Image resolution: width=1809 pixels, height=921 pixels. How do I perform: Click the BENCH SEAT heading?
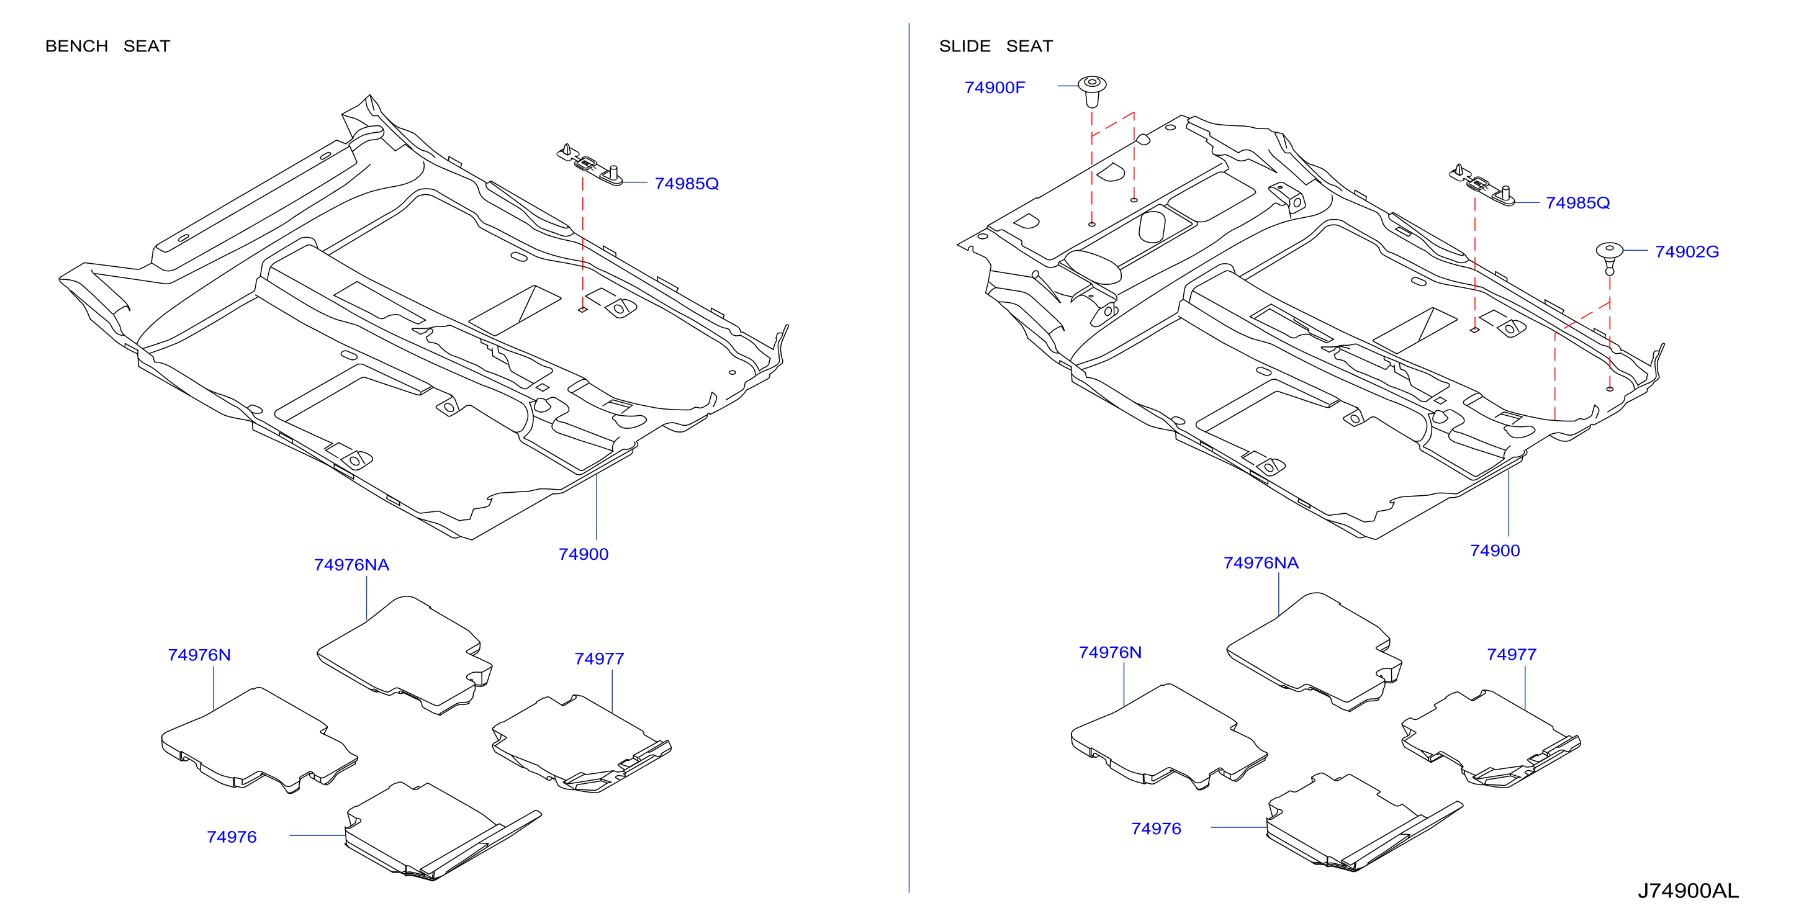(107, 47)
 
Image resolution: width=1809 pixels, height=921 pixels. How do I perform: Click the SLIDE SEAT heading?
(996, 47)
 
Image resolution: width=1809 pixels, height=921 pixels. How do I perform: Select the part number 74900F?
(995, 88)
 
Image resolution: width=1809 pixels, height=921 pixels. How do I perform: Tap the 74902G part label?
(1687, 251)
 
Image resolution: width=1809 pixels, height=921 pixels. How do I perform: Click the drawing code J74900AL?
(1688, 891)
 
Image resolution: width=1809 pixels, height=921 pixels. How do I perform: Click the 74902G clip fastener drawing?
(1610, 258)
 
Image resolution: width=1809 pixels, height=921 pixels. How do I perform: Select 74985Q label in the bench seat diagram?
(687, 183)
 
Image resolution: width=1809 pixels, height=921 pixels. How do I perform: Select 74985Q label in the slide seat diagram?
(1577, 203)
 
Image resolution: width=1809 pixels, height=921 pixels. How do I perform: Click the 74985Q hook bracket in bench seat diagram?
(590, 165)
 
